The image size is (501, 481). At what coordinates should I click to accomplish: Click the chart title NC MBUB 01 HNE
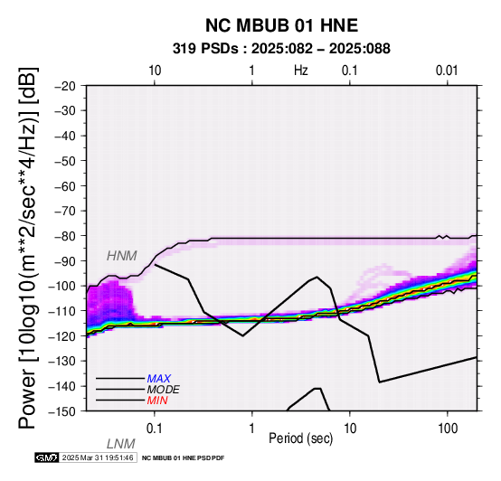[281, 25]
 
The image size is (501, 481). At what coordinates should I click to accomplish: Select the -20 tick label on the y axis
[65, 86]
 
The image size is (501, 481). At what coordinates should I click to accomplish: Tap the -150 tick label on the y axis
[62, 411]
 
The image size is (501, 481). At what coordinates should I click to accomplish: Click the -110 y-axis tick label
[62, 311]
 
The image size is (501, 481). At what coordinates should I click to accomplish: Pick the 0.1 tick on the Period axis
[155, 429]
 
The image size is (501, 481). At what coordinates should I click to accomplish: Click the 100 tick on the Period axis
[448, 429]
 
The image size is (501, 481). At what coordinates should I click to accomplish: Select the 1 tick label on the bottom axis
[252, 429]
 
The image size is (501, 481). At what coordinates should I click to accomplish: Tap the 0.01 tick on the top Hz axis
[447, 71]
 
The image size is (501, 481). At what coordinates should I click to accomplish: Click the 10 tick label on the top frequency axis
[155, 71]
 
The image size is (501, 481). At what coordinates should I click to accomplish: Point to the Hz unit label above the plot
[301, 71]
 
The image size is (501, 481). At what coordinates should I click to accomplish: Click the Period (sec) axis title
[300, 439]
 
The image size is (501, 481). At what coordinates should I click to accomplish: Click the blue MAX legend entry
[159, 379]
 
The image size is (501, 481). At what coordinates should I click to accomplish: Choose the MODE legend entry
[164, 390]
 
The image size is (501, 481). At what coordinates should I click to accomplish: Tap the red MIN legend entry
[157, 401]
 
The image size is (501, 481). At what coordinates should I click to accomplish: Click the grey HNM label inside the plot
[122, 256]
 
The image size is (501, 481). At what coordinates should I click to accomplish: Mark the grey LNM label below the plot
[121, 444]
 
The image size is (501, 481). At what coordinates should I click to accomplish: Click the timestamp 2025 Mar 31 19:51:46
[98, 457]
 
